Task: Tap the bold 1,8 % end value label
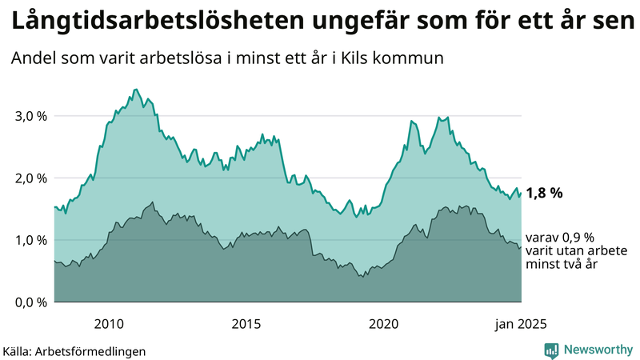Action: tap(545, 193)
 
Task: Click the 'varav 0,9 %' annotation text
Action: tap(560, 238)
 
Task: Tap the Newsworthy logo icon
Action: tap(551, 350)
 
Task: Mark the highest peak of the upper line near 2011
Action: tap(136, 90)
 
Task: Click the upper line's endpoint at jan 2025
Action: tap(522, 192)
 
